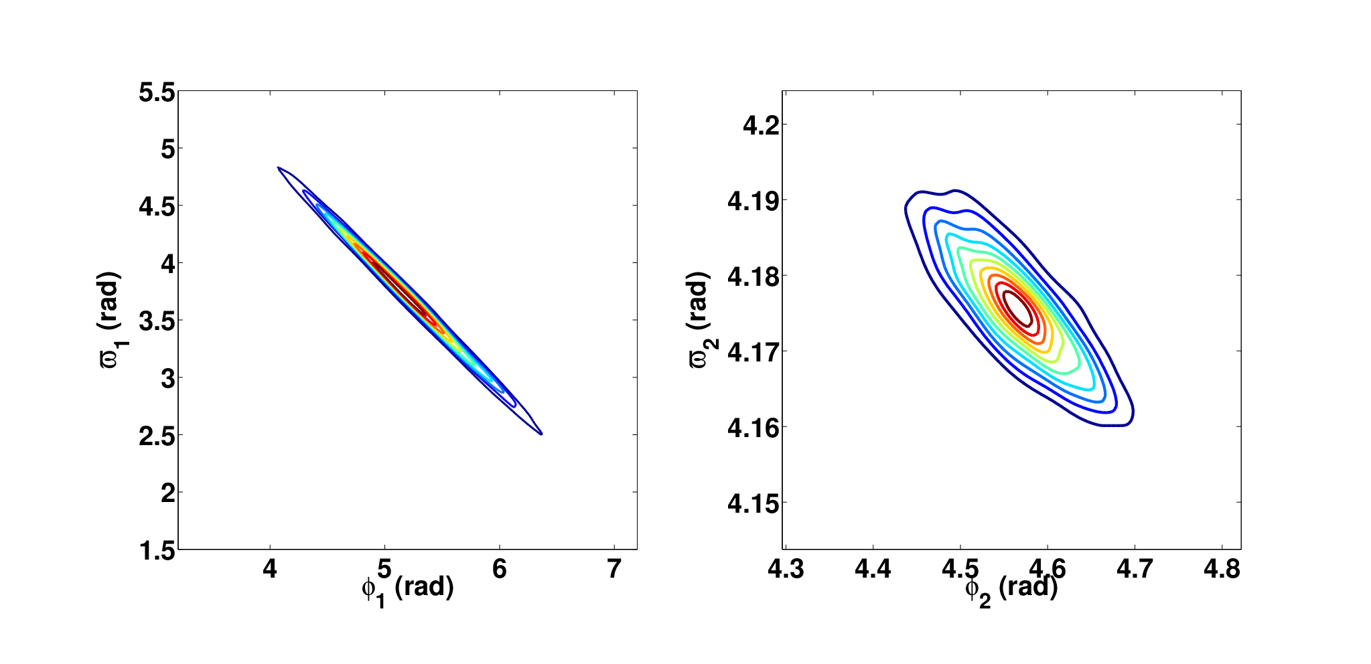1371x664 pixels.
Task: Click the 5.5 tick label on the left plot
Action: (x=157, y=92)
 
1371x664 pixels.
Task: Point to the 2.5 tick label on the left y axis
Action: (x=157, y=436)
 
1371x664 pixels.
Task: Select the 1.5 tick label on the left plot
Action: (x=157, y=551)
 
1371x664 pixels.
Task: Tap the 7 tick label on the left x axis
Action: (x=614, y=569)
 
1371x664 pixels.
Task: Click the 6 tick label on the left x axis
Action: (x=499, y=569)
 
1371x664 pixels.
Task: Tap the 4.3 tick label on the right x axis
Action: (x=786, y=569)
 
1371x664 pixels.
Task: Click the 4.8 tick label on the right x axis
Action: (x=1222, y=569)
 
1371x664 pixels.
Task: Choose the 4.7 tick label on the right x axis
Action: (x=1135, y=569)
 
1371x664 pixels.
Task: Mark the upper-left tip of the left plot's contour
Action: (x=278, y=167)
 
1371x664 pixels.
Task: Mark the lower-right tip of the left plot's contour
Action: (x=541, y=434)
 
